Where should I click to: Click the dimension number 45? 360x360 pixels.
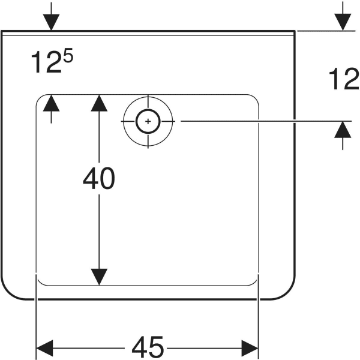148,347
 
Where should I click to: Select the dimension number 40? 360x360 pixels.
99,178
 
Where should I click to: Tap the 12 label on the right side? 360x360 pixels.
344,79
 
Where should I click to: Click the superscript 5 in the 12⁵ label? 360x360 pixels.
68,55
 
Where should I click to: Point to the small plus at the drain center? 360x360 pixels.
148,121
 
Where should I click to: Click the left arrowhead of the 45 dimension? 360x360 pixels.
44,348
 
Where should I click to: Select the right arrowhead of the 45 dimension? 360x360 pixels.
250,348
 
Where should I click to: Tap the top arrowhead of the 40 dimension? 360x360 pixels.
99,103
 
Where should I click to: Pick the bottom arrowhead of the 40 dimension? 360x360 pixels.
99,277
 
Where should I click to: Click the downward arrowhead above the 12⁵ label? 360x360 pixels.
51,22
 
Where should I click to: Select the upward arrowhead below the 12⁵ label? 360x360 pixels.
51,103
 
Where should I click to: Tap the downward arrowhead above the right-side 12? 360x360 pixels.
343,22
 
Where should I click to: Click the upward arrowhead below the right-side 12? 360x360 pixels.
343,130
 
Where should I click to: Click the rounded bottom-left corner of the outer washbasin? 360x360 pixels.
9,293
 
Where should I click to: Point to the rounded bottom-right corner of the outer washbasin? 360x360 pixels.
287,293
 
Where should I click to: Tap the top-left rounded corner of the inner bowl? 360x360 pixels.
40,98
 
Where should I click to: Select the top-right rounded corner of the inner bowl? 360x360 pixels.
255,98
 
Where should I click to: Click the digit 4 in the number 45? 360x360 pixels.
140,347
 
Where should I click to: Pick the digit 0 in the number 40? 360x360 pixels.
107,178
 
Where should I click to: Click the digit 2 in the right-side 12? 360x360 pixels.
351,79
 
